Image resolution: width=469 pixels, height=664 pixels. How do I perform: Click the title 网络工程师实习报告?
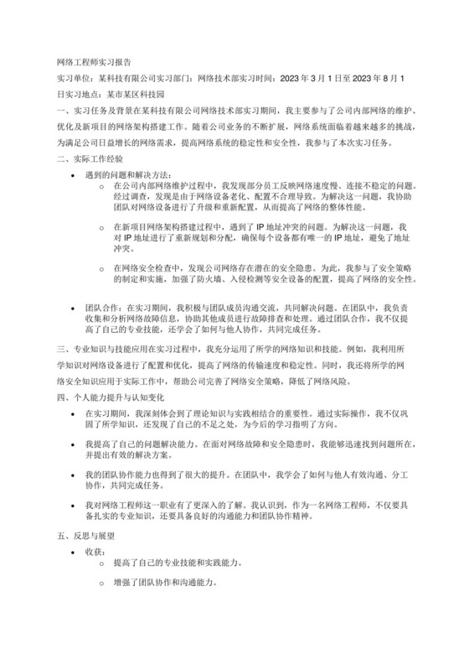[x=93, y=62]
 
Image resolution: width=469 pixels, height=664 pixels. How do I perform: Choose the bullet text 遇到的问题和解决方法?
[x=126, y=173]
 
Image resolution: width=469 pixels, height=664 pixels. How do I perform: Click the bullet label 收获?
[x=95, y=551]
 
